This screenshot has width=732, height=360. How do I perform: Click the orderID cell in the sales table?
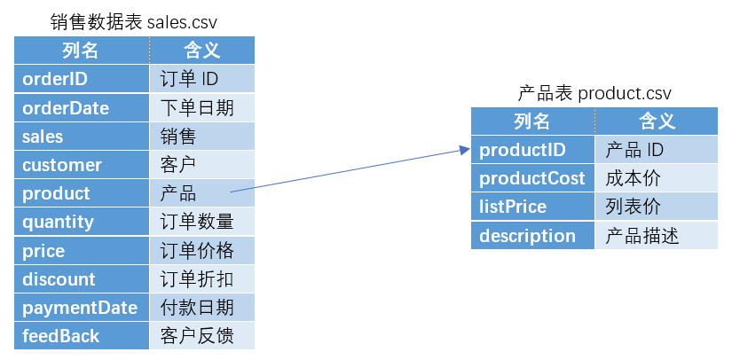coord(82,79)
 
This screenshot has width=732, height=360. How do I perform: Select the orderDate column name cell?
coord(82,108)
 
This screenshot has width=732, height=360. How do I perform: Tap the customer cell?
coord(82,165)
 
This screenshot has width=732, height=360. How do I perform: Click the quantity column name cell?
coord(82,222)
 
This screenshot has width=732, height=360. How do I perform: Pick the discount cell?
coord(82,279)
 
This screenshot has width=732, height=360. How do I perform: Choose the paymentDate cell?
coord(82,308)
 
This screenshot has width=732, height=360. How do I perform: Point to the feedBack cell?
coord(82,336)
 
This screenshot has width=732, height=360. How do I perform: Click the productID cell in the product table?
coord(532,150)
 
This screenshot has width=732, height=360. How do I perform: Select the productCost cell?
coord(532,178)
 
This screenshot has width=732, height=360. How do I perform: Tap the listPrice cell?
coord(532,207)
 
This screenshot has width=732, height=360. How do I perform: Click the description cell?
coord(532,236)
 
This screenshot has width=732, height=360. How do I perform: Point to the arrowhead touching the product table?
coord(464,151)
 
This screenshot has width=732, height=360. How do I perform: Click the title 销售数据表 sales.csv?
coord(134,21)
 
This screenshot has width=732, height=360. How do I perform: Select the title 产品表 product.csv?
coord(594,93)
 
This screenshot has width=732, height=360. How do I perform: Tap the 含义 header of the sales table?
coord(201,51)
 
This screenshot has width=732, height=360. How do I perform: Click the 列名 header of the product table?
coord(532,121)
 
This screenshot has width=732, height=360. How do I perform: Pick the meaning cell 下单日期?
coord(201,108)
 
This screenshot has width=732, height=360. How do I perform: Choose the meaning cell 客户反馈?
coord(201,336)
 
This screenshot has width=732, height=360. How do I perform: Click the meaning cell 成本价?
coord(655,178)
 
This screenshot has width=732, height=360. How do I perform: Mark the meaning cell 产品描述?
coord(655,236)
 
